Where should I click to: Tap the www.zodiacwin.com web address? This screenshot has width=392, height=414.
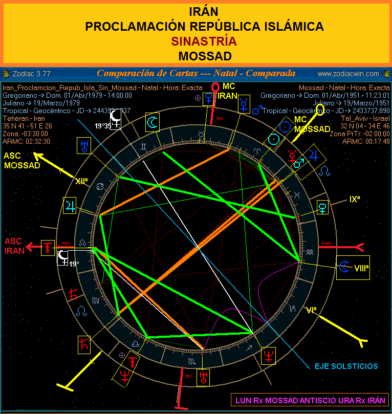point(348,73)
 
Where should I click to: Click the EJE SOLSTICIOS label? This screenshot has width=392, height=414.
point(346,366)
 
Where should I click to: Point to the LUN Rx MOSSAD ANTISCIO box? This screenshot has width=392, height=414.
point(309,400)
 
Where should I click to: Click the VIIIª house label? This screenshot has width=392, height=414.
point(362,267)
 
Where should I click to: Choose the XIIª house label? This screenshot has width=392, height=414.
point(81,181)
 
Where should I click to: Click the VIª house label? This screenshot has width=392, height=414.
point(311,309)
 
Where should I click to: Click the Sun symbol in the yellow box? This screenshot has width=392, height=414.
point(275,139)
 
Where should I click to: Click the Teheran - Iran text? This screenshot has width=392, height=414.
point(24,118)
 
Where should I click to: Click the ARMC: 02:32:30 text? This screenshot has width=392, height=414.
point(26,141)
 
